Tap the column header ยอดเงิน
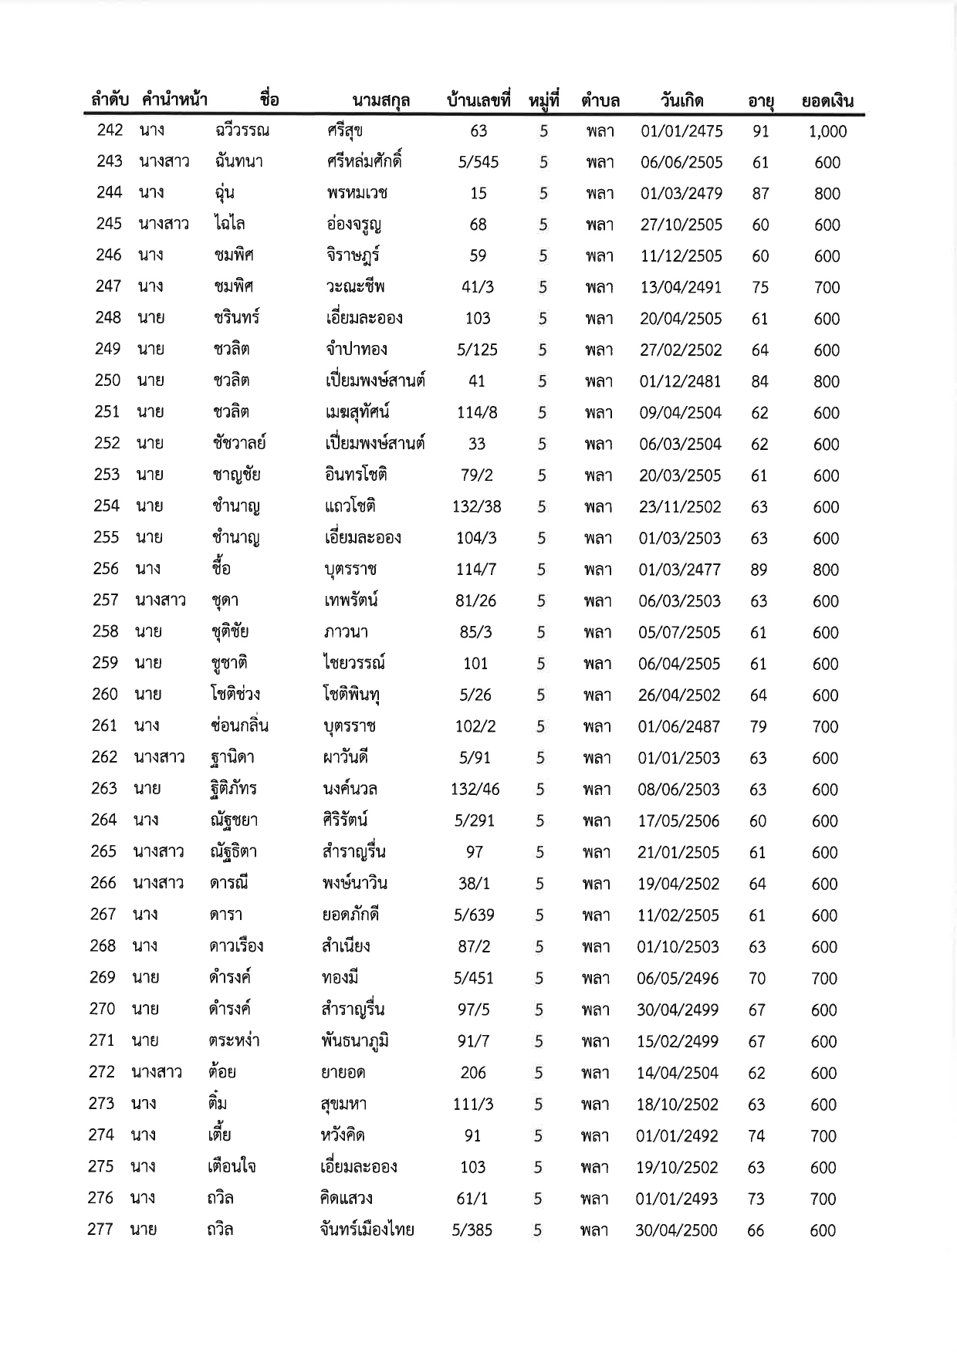(827, 101)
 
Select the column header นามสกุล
(380, 101)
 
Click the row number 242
(110, 130)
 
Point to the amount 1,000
(827, 132)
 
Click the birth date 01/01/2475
(681, 131)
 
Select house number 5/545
(478, 162)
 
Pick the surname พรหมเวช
(357, 193)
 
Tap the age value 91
(761, 131)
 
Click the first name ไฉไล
(230, 224)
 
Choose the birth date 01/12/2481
(680, 381)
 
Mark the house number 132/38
(476, 507)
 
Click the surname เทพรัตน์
(351, 600)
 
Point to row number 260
(105, 695)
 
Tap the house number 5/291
(475, 820)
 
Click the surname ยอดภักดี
(350, 915)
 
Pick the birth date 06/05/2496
(678, 979)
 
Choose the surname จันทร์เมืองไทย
(367, 1230)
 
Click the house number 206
(473, 1073)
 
